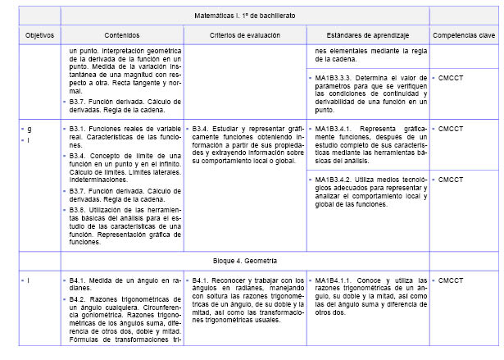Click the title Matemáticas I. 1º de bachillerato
click(x=245, y=16)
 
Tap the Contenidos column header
click(x=122, y=35)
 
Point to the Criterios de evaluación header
click(x=245, y=35)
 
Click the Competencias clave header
click(x=463, y=35)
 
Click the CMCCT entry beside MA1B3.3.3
click(x=452, y=76)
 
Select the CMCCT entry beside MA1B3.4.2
click(x=452, y=180)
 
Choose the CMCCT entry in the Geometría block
click(x=452, y=281)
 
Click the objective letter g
click(x=30, y=130)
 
